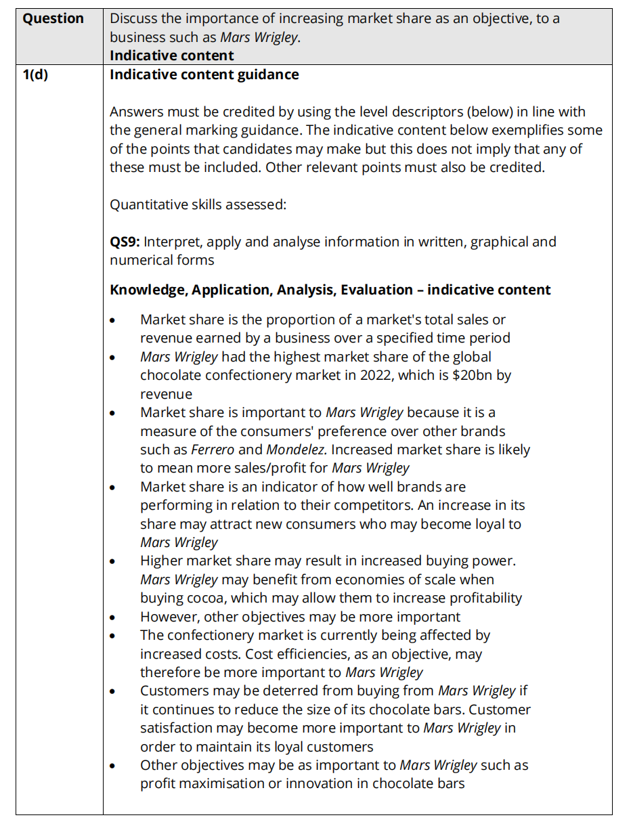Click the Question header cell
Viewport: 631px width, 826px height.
point(53,19)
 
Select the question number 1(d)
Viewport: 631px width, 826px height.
point(35,74)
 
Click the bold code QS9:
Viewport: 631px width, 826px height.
point(125,242)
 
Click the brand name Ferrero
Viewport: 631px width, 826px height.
point(213,450)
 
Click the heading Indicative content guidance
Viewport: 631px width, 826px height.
point(204,74)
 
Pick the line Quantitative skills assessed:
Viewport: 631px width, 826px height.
point(198,204)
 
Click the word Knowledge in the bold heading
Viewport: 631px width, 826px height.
point(147,290)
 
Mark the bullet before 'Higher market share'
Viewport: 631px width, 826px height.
point(113,561)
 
